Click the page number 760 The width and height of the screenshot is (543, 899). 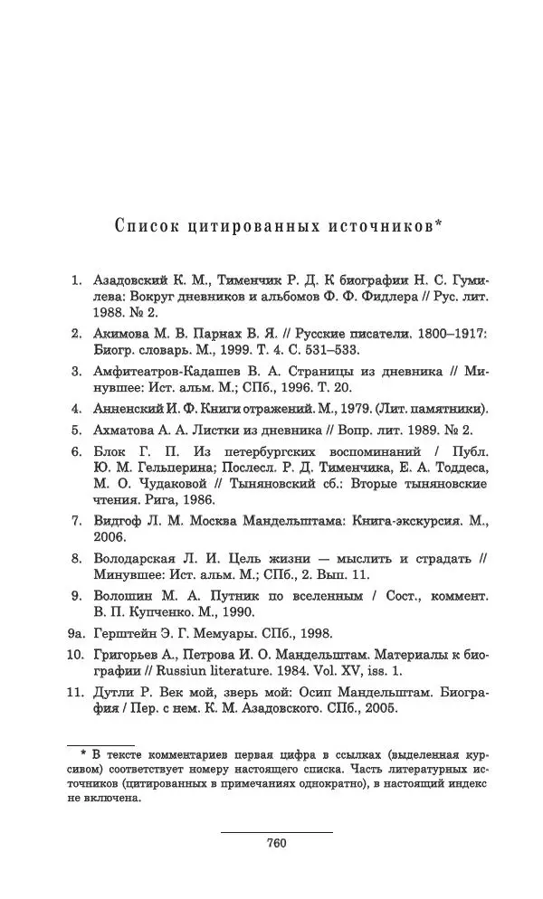pyautogui.click(x=277, y=843)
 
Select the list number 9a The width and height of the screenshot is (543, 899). pyautogui.click(x=76, y=634)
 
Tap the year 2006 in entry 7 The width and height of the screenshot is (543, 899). pyautogui.click(x=110, y=537)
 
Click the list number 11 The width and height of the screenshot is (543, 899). pyautogui.click(x=76, y=693)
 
